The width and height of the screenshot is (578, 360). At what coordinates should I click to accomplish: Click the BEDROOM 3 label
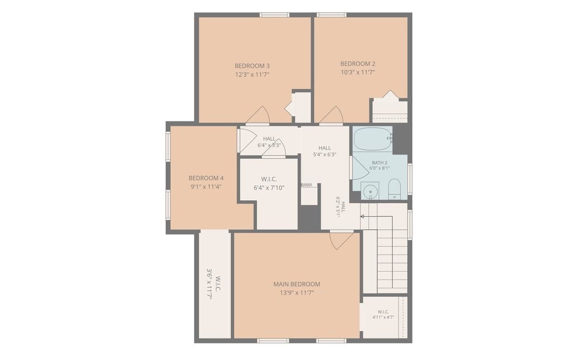coord(252,66)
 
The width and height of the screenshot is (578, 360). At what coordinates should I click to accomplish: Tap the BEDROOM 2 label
coord(357,64)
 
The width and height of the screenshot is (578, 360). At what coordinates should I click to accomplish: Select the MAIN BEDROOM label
coord(297,284)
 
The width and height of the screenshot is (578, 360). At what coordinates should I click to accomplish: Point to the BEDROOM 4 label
coord(206,178)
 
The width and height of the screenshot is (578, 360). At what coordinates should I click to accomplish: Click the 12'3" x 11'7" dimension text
coord(252,75)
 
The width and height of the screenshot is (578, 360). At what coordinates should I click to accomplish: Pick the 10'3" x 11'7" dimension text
coord(357,72)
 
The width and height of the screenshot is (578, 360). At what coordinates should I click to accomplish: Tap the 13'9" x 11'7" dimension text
coord(297,293)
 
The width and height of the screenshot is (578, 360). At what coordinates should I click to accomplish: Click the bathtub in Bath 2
coord(373,139)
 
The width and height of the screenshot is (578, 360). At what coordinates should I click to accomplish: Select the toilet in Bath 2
coord(394,189)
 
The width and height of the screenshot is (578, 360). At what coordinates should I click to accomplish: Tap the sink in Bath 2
coord(370,191)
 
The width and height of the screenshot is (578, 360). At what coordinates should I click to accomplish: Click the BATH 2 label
coord(380,163)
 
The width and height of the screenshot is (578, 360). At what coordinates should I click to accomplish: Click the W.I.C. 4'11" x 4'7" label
coord(383,315)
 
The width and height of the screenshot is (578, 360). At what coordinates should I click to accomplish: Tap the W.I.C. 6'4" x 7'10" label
coord(269,183)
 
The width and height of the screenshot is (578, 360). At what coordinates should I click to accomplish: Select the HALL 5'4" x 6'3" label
coord(324,151)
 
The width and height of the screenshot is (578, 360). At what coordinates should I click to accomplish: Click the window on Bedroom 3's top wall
coord(274,15)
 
